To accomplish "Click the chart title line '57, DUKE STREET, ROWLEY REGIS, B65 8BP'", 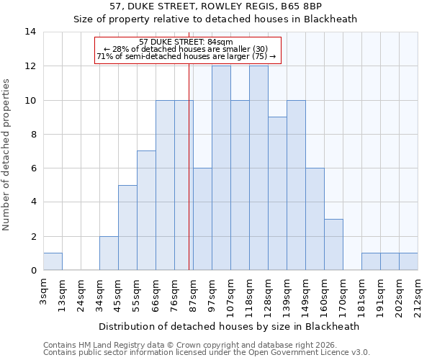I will [215, 6].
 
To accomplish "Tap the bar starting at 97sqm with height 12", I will [221, 168].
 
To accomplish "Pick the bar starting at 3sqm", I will [53, 262].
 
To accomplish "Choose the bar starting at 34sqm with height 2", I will [109, 253].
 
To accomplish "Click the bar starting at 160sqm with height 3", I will [333, 245].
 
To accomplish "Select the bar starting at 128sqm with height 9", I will [277, 194].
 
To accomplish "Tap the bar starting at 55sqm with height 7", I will [146, 211].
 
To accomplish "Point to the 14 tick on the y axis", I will [30, 32].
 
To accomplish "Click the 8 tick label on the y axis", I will [33, 134].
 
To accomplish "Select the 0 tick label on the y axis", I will [33, 271].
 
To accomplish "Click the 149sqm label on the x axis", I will [305, 294].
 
